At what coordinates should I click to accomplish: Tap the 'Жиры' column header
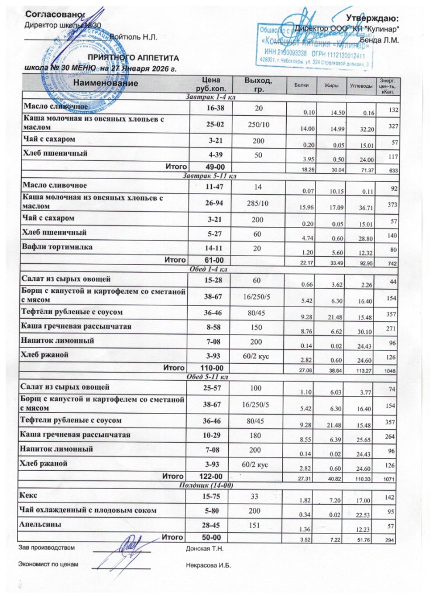pos(325,87)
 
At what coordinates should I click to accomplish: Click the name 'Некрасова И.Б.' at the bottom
pos(209,566)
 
